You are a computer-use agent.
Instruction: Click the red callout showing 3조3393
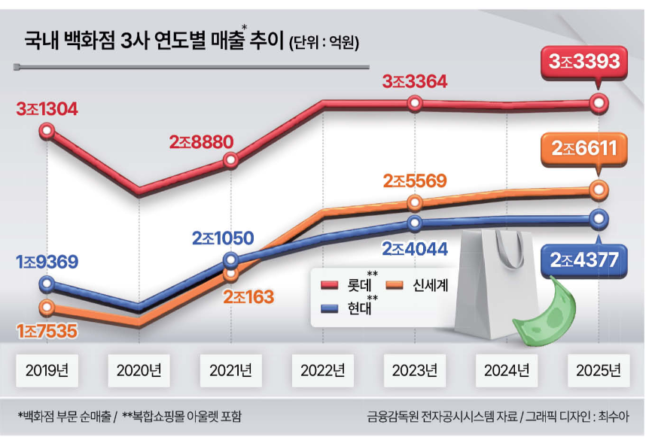583,63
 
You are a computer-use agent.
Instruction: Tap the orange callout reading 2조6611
583,150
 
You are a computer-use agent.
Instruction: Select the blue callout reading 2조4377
583,259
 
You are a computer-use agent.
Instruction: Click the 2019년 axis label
47,370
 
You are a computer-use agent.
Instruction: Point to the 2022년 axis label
323,370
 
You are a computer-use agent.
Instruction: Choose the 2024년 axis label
507,370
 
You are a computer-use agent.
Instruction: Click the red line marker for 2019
47,131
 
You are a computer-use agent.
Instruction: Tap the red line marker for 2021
231,160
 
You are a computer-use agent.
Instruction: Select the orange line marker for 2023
415,203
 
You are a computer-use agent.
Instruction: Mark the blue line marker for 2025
599,219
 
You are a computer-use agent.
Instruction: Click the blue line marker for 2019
47,284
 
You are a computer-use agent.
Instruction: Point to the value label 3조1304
47,109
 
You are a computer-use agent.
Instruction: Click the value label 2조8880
201,142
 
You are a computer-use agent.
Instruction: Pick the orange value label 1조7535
47,331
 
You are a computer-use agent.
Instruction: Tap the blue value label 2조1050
223,238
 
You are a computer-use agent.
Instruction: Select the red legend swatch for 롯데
329,285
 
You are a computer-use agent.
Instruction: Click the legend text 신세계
431,285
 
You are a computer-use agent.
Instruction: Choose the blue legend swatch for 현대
329,308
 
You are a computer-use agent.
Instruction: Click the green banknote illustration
545,313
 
